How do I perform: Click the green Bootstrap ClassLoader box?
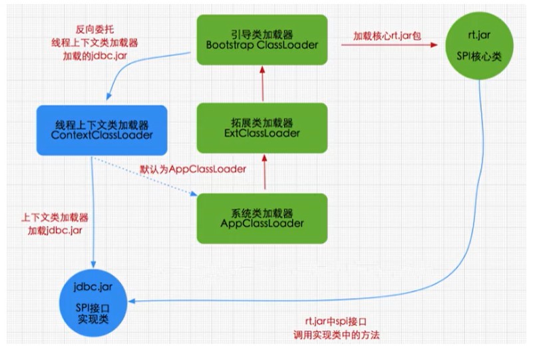pos(262,40)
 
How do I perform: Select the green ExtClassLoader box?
pos(262,128)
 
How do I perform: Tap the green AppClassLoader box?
pos(262,218)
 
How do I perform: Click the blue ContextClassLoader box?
pos(102,130)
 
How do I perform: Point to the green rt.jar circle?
pos(479,45)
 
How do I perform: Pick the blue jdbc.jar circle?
pos(93,302)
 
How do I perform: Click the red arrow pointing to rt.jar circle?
pos(389,45)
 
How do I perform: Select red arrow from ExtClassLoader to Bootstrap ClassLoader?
pos(263,84)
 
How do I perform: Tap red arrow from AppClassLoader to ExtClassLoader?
pos(264,172)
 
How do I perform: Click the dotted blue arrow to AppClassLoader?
pos(145,177)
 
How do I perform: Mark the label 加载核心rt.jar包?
pos(387,36)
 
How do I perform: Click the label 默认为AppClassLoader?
pos(193,169)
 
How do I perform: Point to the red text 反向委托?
pos(94,29)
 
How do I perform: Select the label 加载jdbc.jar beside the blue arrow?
pos(55,230)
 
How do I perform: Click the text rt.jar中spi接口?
pos(335,321)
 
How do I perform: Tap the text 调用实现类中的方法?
pos(336,335)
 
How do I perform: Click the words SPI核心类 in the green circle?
pos(479,56)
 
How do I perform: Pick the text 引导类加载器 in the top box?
pos(262,34)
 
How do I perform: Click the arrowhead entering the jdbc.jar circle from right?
pos(132,301)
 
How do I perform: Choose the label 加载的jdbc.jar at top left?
pos(95,56)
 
